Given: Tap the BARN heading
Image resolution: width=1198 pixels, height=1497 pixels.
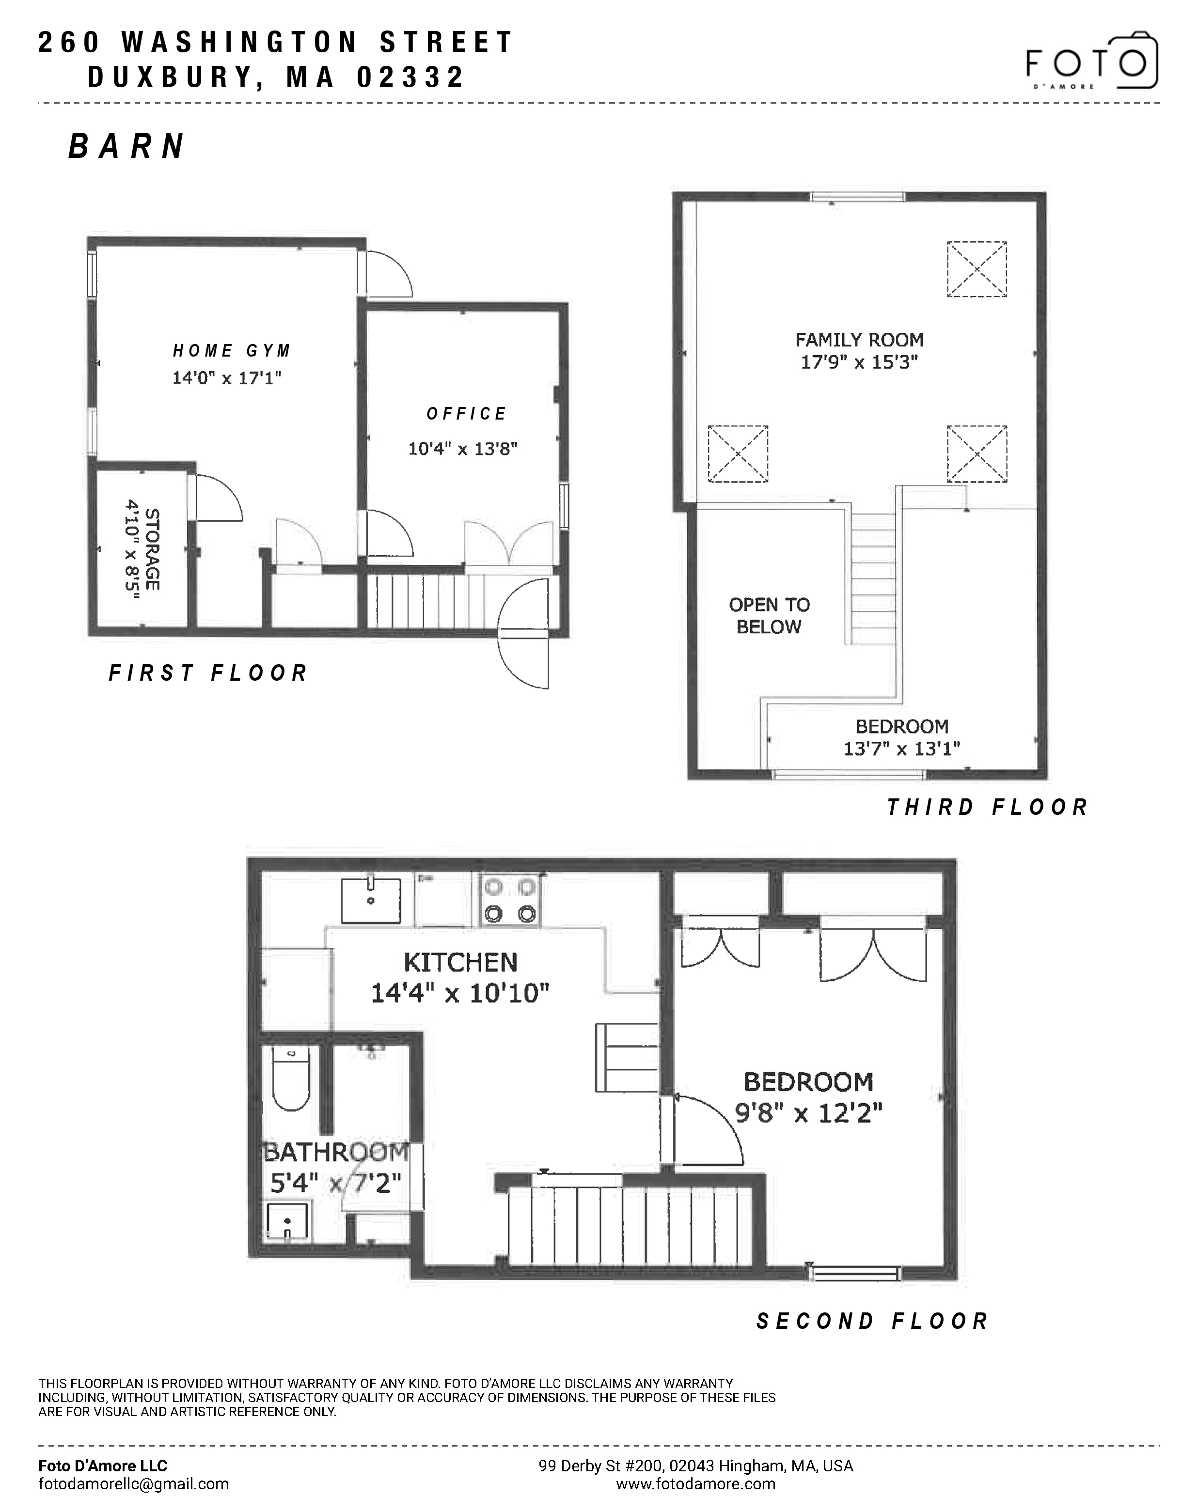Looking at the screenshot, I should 127,146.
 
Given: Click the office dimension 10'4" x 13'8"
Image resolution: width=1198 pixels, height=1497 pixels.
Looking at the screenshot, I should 462,449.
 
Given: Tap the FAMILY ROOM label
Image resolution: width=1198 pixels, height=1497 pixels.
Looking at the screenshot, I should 859,340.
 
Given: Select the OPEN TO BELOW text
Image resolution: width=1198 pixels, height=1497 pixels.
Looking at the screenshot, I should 769,615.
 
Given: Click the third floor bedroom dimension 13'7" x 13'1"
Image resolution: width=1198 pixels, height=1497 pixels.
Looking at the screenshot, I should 901,748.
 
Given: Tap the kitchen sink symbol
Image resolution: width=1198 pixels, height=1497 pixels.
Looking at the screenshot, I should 371,901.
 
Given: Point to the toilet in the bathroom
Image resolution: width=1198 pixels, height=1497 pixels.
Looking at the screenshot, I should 291,1080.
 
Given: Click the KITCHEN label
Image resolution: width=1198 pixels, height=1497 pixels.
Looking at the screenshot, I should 460,962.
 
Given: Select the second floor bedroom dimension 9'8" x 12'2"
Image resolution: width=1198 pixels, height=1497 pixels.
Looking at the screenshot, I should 808,1114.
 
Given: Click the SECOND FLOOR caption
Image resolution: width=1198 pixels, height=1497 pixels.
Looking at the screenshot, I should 872,1321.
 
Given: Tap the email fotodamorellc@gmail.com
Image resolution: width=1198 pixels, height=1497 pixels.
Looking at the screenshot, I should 133,1484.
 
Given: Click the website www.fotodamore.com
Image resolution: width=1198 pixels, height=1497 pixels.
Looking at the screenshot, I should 695,1484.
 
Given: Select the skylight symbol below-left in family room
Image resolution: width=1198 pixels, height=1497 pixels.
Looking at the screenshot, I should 738,453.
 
